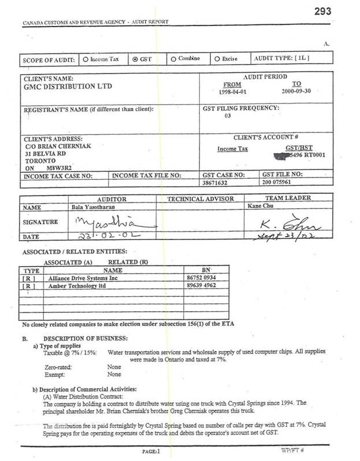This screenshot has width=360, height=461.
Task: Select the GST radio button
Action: (135, 59)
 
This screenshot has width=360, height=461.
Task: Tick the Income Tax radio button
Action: (86, 59)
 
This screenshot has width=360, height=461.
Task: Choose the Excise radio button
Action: (216, 59)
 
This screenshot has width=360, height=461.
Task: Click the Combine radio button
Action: (174, 59)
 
